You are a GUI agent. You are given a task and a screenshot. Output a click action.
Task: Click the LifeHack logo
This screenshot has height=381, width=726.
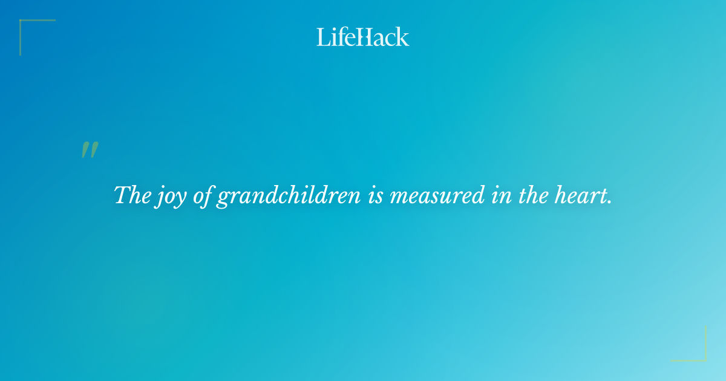tap(363, 37)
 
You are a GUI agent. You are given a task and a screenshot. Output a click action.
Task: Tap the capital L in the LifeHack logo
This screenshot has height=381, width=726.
tap(322, 37)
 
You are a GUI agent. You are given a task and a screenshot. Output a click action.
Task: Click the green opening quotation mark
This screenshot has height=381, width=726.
tap(90, 151)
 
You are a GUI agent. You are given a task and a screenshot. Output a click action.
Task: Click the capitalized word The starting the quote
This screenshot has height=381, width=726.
tap(132, 195)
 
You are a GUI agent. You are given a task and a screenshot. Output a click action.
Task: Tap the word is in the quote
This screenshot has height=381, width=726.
tap(375, 196)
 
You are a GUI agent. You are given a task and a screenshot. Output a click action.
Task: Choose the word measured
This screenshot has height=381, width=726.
tap(437, 196)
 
